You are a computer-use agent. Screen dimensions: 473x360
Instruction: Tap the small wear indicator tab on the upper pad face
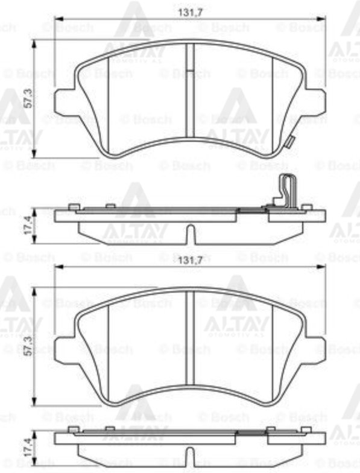(289, 142)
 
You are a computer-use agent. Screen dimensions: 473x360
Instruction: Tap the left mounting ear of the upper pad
(65, 103)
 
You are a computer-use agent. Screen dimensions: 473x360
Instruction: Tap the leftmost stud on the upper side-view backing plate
(73, 207)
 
